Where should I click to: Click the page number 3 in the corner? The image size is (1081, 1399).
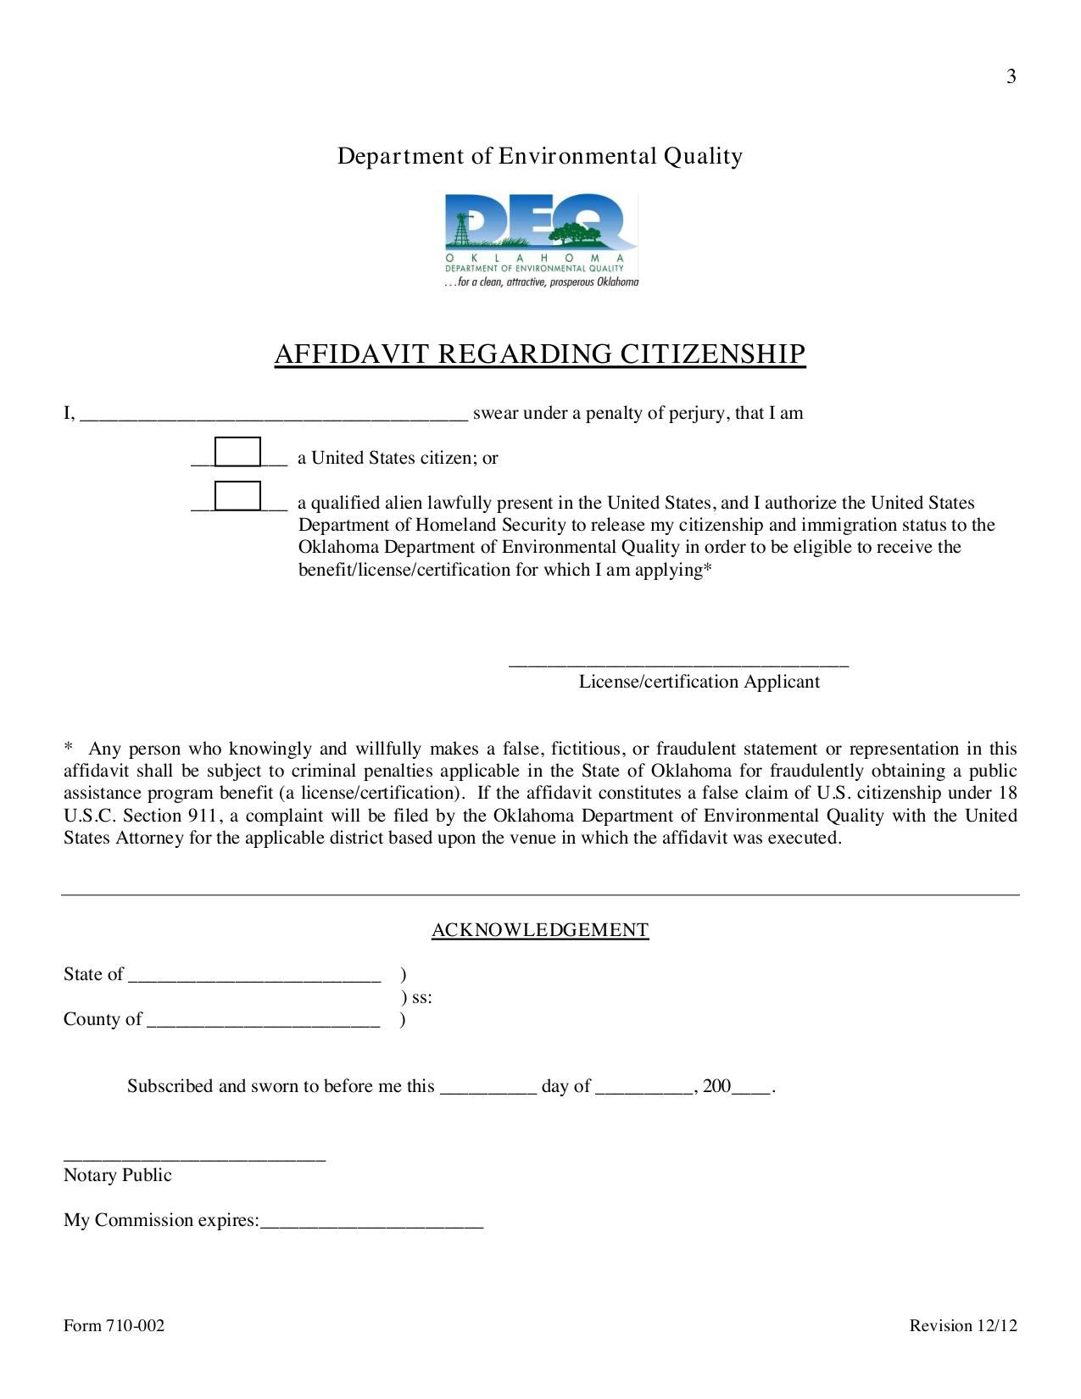[1011, 77]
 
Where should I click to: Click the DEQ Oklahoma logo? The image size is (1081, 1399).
[540, 241]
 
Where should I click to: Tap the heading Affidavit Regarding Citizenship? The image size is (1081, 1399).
[540, 354]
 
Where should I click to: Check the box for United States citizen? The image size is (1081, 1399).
[237, 452]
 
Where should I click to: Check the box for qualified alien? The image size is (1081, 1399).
[237, 496]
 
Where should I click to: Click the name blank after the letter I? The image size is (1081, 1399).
[273, 414]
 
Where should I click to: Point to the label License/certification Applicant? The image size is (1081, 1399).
[699, 682]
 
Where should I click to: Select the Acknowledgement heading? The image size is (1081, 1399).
[540, 930]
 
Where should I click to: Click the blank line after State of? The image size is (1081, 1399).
[254, 976]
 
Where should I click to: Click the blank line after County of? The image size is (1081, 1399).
[263, 1021]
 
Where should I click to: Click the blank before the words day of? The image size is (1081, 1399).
[488, 1088]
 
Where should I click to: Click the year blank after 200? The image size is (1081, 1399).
[751, 1088]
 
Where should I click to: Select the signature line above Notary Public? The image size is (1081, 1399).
[194, 1157]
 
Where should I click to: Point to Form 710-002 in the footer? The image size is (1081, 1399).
[114, 1326]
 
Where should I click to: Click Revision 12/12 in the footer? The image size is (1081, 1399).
[962, 1326]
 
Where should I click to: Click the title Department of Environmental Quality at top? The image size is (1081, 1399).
[540, 156]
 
